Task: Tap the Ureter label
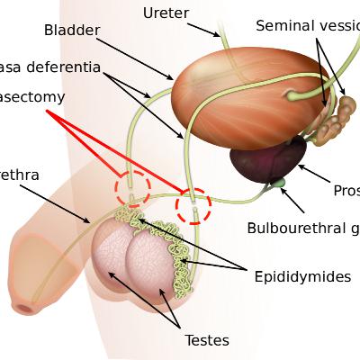click(x=165, y=12)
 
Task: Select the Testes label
click(x=207, y=340)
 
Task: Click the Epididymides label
click(x=301, y=276)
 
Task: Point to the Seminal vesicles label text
click(x=307, y=26)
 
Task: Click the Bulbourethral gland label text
click(x=302, y=228)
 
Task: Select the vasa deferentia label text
click(x=49, y=67)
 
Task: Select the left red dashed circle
click(x=132, y=188)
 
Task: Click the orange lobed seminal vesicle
click(x=341, y=112)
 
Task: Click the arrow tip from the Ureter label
click(x=220, y=36)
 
